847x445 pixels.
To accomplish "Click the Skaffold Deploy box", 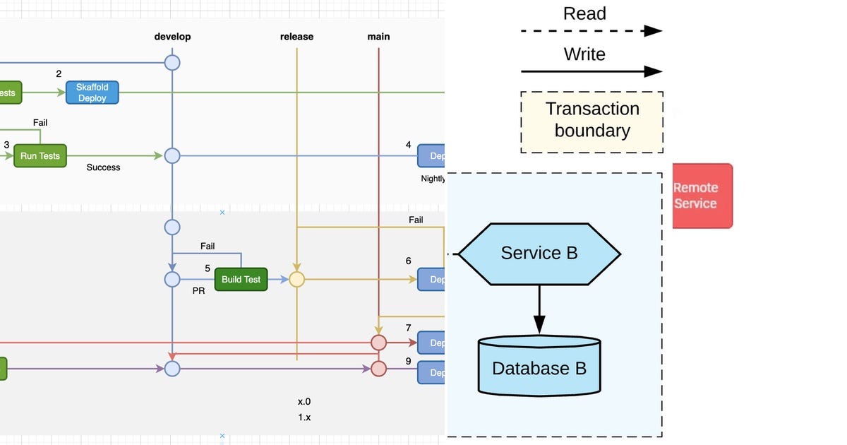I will [x=92, y=93].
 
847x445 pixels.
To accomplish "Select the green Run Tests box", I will [x=40, y=156].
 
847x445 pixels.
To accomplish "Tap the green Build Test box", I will [x=241, y=280].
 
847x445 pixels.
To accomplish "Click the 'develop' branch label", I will [x=172, y=37].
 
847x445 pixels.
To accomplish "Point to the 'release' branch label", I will [x=296, y=37].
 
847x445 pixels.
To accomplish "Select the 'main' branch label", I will [x=378, y=37].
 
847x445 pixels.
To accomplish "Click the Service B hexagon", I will [x=539, y=254].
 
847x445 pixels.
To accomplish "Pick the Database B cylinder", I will [x=539, y=367].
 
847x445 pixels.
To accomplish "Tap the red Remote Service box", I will [x=702, y=196].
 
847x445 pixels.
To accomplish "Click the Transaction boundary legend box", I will [x=591, y=121].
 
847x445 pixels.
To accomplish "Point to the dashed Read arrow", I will [x=591, y=31].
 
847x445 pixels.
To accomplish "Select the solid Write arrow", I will [x=591, y=71].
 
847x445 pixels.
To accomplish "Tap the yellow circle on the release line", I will [x=296, y=280].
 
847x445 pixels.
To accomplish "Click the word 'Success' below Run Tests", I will [x=103, y=168].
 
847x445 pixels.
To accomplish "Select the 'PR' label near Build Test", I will [x=198, y=290].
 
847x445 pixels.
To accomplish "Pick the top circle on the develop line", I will [x=172, y=63].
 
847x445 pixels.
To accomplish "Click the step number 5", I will [x=208, y=268].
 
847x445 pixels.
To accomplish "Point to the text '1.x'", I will [x=304, y=417].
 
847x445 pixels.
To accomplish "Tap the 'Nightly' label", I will [x=433, y=179].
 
